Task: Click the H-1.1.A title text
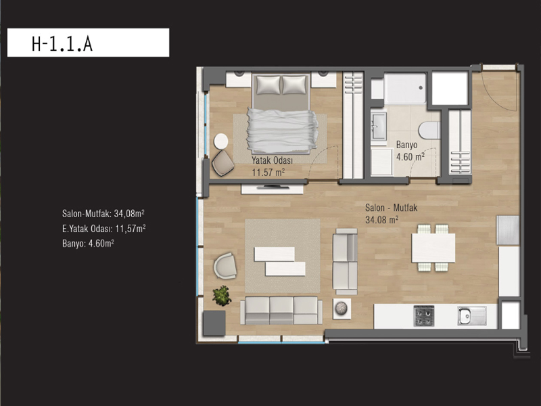pos(62,44)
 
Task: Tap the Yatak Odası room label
pos(272,160)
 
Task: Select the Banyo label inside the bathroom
pos(406,145)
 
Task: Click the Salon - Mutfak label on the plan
pos(392,208)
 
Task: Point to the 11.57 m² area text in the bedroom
pos(268,172)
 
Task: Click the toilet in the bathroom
pos(429,131)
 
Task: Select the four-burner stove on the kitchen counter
pos(424,315)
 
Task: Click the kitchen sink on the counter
pos(472,315)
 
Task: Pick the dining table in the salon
pos(433,248)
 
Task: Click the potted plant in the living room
pos(222,296)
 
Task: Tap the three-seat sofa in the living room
pos(281,310)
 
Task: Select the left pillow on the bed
pos(268,85)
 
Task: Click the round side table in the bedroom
pos(221,141)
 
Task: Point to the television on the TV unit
pos(273,187)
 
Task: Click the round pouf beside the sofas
pos(342,308)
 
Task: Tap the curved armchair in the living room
pos(225,265)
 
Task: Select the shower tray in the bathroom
pos(405,89)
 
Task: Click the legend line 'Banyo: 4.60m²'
pos(88,244)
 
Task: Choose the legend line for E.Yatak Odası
pos(103,229)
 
